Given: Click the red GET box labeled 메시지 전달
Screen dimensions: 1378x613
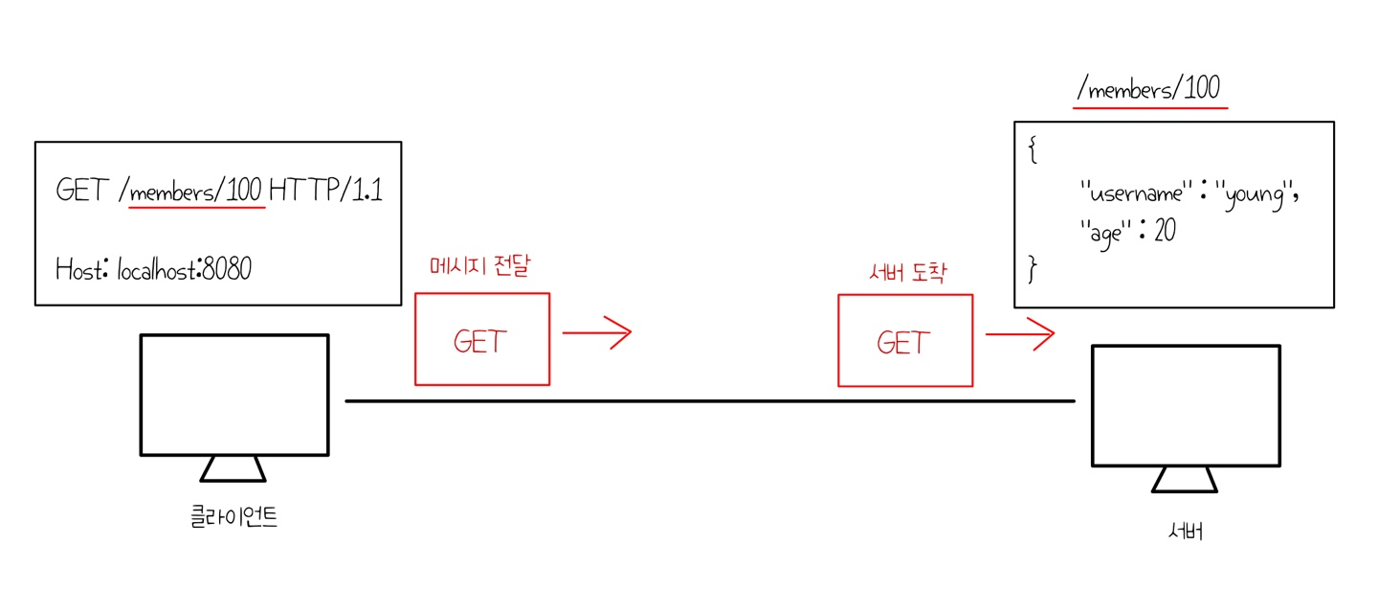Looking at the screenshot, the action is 482,339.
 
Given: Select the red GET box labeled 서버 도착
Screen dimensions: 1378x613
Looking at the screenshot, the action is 905,340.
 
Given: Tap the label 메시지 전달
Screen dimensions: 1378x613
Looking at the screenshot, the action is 479,267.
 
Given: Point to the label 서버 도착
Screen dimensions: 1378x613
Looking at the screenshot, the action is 904,274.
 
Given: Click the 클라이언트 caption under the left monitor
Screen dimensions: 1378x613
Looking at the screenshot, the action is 234,518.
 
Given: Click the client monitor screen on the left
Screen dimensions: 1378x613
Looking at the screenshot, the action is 234,394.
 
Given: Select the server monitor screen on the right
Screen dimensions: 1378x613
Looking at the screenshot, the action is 1186,405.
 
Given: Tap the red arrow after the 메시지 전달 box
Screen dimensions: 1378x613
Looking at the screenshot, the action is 597,333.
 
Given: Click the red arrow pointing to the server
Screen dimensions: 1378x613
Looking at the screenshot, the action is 1020,334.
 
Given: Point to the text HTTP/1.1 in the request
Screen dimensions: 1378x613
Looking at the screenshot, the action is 325,191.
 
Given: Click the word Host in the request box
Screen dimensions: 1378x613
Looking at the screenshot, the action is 78,269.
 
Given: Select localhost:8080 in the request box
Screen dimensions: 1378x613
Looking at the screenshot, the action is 185,269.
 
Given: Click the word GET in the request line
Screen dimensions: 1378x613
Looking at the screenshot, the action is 81,191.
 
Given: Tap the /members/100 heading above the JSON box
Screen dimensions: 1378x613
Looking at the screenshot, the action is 1148,90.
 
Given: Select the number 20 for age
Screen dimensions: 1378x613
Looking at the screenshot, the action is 1164,231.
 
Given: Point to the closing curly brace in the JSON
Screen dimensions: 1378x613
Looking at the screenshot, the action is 1033,269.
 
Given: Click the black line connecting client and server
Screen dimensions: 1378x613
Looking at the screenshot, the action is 708,400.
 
